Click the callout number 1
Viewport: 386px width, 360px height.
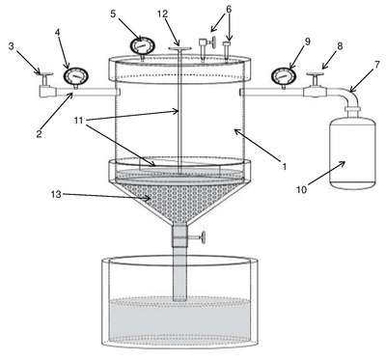point(284,166)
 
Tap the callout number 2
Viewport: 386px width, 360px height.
point(39,134)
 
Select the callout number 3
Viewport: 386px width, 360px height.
point(12,46)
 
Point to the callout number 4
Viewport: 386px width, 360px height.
point(58,33)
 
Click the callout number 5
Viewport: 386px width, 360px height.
point(113,14)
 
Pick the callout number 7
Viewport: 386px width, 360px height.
point(376,65)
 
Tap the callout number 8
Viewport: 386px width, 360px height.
point(339,46)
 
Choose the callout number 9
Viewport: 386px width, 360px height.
point(307,42)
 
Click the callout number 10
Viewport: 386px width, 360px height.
point(302,190)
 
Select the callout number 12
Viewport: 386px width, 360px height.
point(162,14)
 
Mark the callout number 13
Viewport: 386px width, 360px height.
point(56,195)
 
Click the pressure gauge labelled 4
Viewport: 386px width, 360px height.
point(76,76)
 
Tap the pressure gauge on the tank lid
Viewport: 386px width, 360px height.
point(141,47)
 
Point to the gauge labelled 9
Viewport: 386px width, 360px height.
point(283,76)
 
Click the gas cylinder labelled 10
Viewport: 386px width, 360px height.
point(352,149)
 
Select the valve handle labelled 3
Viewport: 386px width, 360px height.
point(43,74)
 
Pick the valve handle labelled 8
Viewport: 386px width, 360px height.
point(316,75)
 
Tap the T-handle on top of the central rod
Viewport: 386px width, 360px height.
point(179,49)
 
